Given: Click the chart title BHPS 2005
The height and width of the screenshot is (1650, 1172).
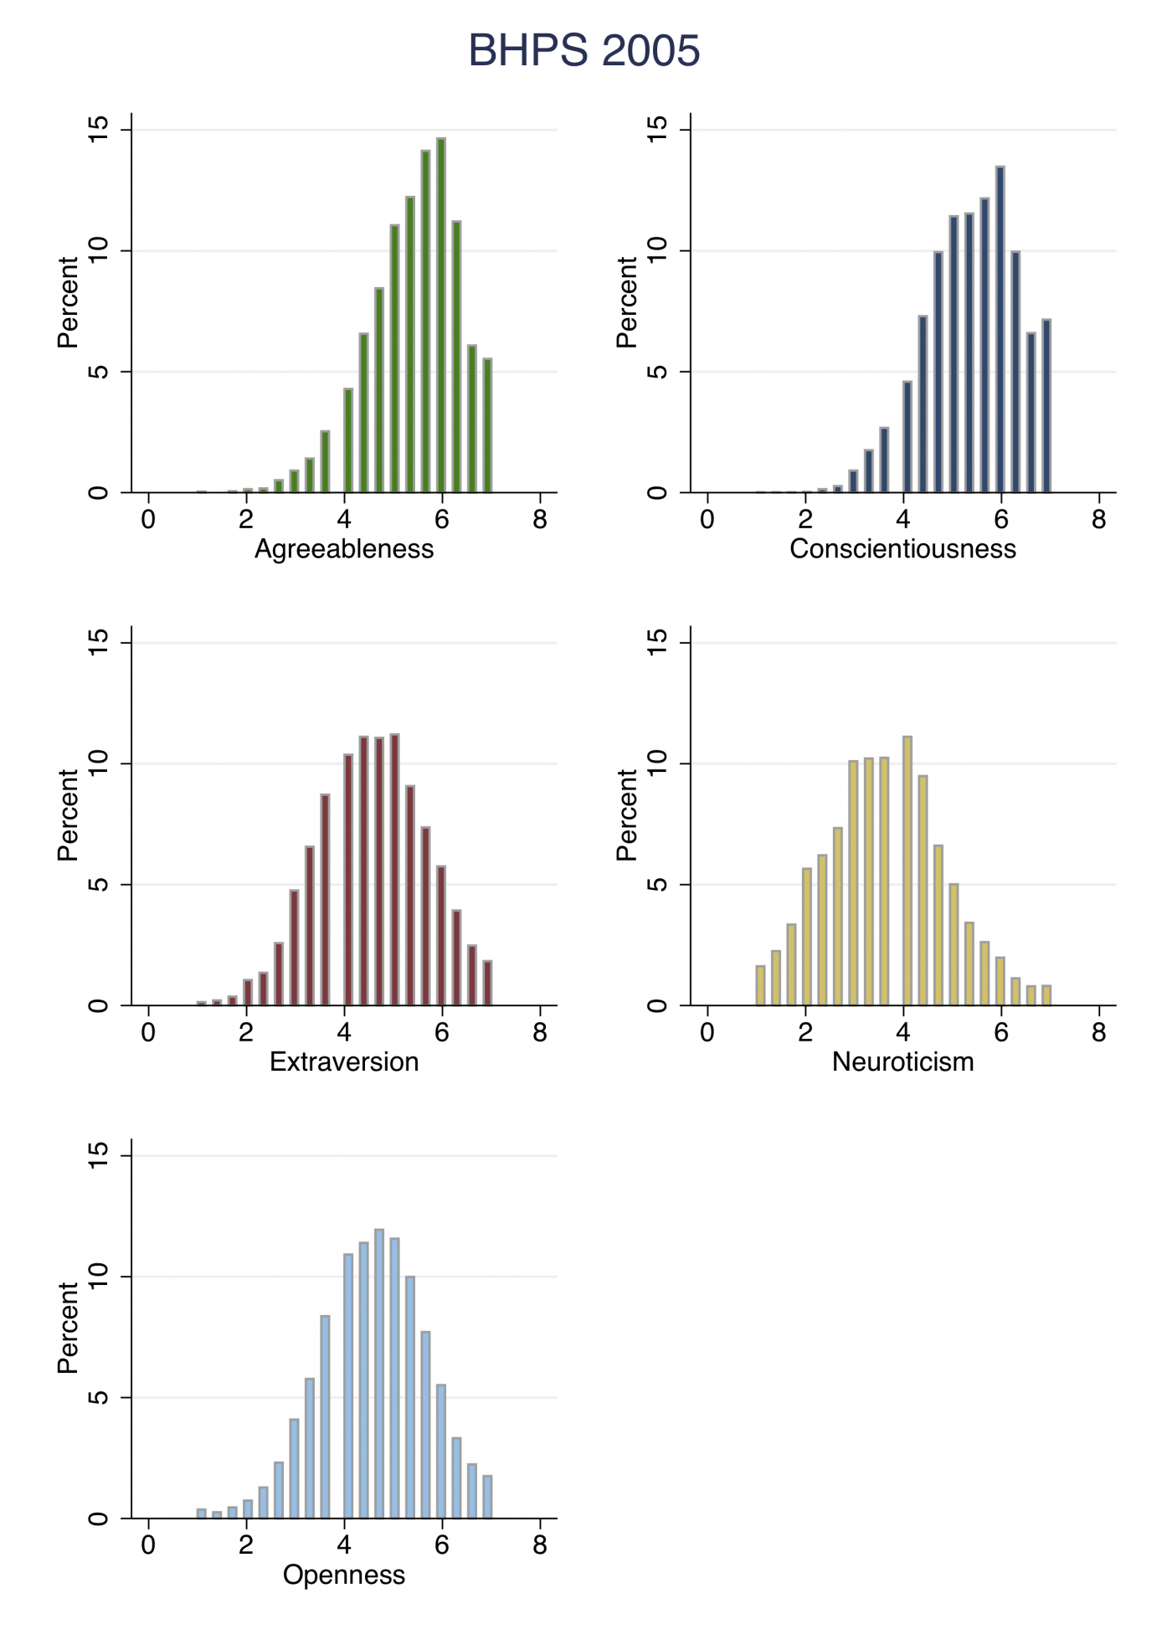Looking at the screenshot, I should [583, 50].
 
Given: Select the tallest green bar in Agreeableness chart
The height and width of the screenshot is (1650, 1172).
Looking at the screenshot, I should [441, 316].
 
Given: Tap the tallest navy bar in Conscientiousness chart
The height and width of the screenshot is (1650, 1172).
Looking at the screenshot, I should [1000, 330].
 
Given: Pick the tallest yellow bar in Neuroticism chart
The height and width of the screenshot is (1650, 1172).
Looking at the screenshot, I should [907, 871].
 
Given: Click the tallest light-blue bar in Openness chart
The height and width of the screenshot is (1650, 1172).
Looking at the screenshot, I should [379, 1374].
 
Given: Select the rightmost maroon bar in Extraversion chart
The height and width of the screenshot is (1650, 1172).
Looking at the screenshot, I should [487, 983].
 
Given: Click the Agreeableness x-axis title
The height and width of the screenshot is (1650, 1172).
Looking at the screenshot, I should [344, 549].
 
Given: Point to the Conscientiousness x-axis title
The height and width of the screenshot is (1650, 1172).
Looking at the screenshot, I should [902, 549].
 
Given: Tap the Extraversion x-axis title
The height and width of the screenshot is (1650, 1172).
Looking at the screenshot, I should [344, 1062].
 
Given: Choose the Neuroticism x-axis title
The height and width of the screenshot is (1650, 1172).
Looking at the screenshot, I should [902, 1062].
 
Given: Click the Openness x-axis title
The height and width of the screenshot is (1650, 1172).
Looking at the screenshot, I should [344, 1575].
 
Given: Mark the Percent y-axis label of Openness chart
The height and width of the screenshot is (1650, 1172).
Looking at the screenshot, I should [67, 1329].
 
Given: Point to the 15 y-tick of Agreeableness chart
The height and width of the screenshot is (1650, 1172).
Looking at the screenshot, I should [99, 131].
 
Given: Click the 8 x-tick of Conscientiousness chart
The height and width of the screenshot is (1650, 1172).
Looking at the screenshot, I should [1099, 521].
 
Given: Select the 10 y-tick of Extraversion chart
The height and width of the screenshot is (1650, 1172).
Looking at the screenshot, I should [99, 763].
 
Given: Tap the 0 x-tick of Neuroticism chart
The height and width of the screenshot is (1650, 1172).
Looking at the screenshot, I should [707, 1033].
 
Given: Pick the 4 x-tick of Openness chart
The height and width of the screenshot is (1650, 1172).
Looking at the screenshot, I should [344, 1546].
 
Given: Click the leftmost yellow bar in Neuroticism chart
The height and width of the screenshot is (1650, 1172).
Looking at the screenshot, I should [760, 985].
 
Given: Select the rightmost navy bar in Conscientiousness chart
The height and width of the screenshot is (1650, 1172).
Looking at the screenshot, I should [1046, 406].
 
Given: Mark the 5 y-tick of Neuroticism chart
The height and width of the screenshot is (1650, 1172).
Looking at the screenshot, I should [658, 884].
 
